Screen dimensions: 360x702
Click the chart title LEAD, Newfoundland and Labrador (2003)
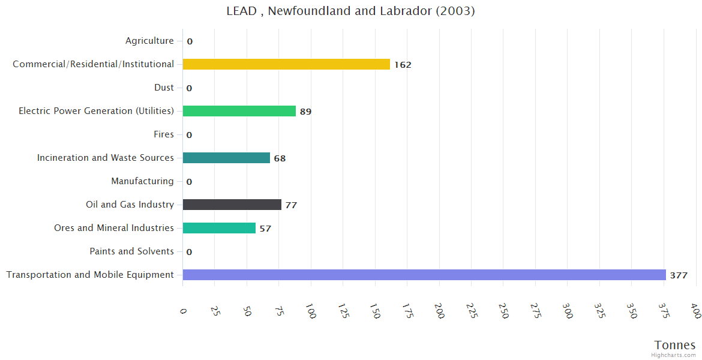[x=350, y=11]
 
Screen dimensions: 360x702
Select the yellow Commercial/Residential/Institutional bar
[x=286, y=64]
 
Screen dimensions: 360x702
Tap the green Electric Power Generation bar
[x=239, y=111]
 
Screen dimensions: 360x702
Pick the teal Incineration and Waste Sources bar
[x=226, y=158]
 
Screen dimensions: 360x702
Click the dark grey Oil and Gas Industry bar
[x=232, y=205]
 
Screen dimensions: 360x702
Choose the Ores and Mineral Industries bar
[x=219, y=228]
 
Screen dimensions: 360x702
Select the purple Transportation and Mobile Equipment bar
[x=424, y=275]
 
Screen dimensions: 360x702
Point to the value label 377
[x=679, y=275]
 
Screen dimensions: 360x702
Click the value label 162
[x=403, y=65]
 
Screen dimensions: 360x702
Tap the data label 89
[x=305, y=112]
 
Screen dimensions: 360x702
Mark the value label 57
[x=265, y=229]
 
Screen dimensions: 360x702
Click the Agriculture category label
[x=149, y=41]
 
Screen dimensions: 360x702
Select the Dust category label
[x=164, y=88]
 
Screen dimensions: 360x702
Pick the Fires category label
[x=163, y=134]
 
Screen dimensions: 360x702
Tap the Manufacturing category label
[x=142, y=181]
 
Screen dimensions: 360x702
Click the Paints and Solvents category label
[x=131, y=251]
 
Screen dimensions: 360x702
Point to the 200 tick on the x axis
[x=440, y=311]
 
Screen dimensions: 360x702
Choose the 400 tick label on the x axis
[x=695, y=311]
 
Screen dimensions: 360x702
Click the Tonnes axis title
[x=674, y=345]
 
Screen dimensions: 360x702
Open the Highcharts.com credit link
[x=673, y=355]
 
